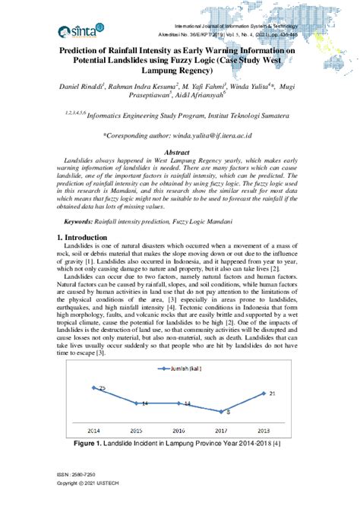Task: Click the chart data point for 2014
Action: [94, 387]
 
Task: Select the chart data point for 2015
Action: [138, 403]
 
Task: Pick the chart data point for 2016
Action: [182, 403]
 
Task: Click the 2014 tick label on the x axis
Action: [94, 430]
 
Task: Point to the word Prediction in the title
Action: [85, 48]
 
